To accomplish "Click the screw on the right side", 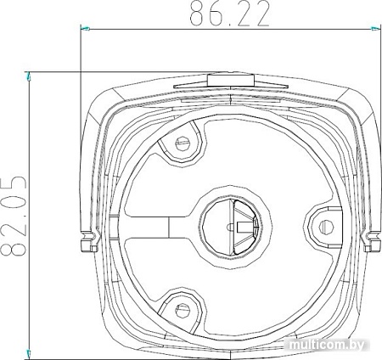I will tap(324, 225).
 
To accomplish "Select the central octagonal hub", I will tap(231, 226).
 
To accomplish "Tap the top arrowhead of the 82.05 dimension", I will tap(31, 75).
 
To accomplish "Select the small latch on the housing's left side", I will tap(85, 244).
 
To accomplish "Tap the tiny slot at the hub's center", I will tap(242, 227).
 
